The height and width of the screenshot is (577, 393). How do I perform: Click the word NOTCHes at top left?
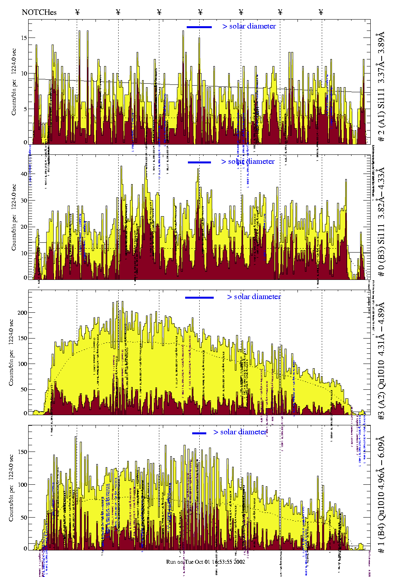point(39,12)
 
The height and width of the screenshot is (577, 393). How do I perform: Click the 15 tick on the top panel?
point(24,38)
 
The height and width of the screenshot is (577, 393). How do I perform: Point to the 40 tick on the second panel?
point(24,174)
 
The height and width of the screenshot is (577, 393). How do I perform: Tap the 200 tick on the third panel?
point(23,313)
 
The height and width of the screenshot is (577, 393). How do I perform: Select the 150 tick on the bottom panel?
point(23,452)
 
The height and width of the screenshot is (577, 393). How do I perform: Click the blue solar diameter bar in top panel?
point(199,27)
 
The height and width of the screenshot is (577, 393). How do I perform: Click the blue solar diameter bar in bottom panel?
point(199,433)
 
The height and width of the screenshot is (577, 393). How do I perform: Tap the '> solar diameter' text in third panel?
point(254,297)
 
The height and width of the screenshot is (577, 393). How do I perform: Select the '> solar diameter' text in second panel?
point(248,161)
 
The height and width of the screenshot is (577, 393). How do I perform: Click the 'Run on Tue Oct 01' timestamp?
point(206,562)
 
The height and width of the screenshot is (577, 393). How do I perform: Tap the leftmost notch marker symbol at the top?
point(78,12)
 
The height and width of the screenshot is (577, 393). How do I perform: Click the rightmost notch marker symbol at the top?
point(321,12)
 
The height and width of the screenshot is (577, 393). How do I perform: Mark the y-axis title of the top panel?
point(14,82)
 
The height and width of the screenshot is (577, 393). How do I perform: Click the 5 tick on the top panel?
point(25,109)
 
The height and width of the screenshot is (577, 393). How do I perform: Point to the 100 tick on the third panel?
point(23,364)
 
